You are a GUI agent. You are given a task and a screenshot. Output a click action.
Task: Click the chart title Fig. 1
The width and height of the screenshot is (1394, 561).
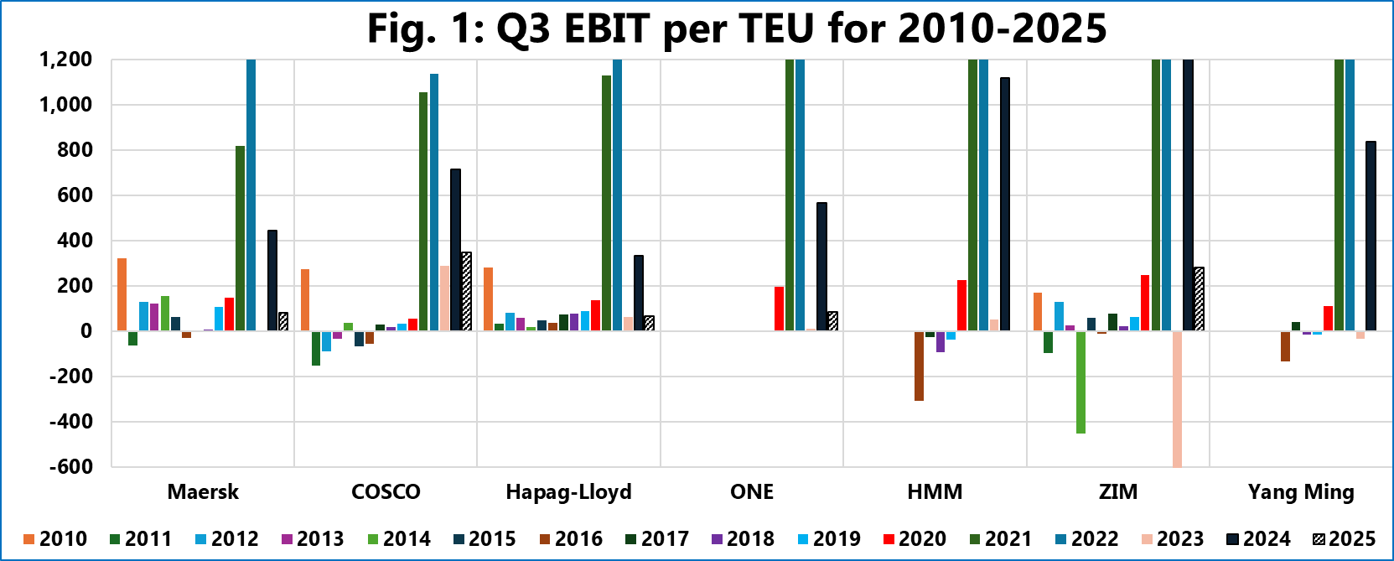[736, 29]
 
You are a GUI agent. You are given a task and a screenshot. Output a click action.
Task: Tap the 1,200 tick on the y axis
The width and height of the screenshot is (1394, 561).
[65, 60]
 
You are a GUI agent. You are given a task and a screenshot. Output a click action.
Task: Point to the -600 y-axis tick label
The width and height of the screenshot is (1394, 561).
[70, 466]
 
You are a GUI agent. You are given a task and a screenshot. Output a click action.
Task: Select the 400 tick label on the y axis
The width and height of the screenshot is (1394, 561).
[75, 241]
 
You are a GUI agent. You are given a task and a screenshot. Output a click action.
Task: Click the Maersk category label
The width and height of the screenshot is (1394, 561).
[203, 491]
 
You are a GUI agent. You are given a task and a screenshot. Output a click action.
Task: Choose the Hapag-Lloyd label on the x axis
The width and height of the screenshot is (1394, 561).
[568, 491]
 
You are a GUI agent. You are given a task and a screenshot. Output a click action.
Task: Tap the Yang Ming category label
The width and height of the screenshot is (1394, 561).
[1300, 491]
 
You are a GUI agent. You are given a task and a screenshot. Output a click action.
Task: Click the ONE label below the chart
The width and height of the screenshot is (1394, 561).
[752, 491]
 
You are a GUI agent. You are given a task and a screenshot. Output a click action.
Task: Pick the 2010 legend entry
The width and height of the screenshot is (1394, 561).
[54, 538]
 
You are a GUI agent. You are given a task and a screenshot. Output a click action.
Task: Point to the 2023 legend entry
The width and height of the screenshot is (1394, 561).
[1172, 538]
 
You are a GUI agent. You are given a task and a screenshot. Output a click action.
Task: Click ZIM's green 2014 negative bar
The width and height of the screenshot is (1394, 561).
[1080, 382]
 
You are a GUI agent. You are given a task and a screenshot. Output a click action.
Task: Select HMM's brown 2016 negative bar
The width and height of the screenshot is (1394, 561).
[919, 366]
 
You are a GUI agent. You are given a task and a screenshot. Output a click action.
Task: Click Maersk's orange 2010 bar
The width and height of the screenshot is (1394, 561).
[122, 294]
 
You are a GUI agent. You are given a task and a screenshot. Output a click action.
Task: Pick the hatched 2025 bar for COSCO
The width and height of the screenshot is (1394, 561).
[467, 291]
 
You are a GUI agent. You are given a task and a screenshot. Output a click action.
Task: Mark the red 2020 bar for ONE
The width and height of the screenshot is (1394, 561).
[779, 309]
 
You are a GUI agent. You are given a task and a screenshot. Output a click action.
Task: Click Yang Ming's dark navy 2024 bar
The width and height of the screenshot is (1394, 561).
[1371, 236]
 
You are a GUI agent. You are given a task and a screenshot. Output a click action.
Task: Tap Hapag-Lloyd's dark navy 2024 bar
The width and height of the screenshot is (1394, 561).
[639, 293]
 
